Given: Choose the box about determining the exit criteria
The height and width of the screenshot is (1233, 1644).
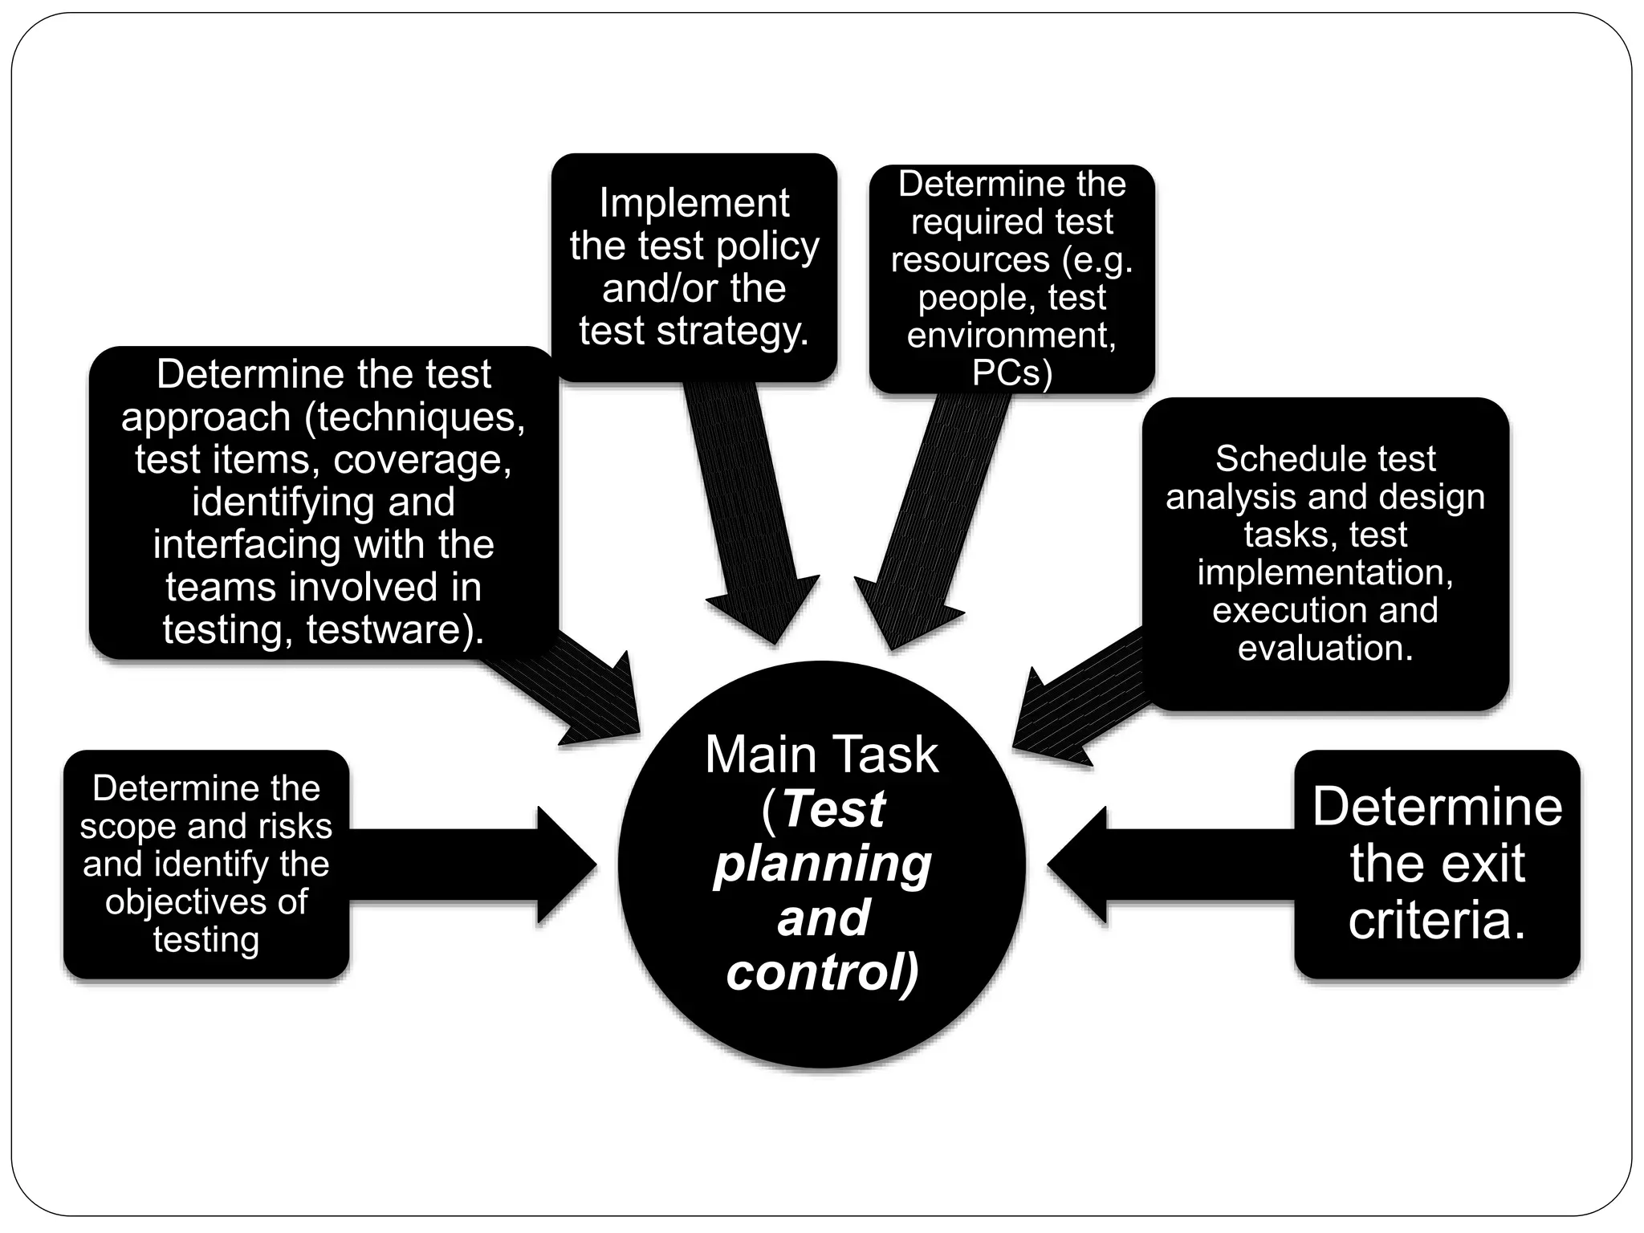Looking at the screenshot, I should [x=1437, y=864].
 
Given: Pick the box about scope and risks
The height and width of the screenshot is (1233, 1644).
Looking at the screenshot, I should [x=206, y=864].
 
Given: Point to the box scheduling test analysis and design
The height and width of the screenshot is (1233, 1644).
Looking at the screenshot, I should [x=1325, y=553].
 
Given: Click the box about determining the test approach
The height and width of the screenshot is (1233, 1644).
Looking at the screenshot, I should [x=324, y=502].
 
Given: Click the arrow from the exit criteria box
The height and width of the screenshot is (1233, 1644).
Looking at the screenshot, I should [x=1164, y=865].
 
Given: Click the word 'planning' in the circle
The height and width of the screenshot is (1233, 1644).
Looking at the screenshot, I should [x=822, y=865].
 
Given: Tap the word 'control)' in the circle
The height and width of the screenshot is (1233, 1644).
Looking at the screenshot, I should [x=822, y=972].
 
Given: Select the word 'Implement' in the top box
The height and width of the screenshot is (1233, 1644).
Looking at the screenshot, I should [x=694, y=203].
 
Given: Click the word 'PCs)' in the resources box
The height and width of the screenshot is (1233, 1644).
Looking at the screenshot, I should [x=1011, y=372].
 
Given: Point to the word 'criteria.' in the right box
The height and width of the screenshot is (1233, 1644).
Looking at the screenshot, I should [x=1437, y=920].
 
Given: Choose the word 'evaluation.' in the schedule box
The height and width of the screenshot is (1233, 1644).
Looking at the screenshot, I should [x=1325, y=648].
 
